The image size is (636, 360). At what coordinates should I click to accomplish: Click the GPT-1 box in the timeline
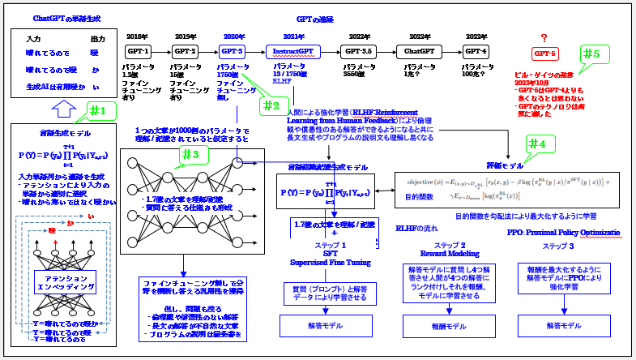pyautogui.click(x=139, y=51)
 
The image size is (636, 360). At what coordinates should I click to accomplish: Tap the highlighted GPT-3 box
pyautogui.click(x=233, y=51)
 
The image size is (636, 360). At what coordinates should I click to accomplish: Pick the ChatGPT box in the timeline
pyautogui.click(x=420, y=51)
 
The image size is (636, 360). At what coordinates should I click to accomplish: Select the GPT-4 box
pyautogui.click(x=476, y=51)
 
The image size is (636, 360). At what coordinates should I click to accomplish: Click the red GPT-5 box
pyautogui.click(x=545, y=54)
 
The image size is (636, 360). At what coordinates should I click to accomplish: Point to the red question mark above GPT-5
pyautogui.click(x=544, y=37)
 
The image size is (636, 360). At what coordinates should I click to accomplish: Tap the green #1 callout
pyautogui.click(x=96, y=109)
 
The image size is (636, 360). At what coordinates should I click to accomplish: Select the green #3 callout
pyautogui.click(x=189, y=154)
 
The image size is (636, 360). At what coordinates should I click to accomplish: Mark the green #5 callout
pyautogui.click(x=592, y=55)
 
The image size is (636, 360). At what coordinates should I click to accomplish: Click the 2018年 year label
pyautogui.click(x=138, y=36)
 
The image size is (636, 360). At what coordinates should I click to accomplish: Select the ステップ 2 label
pyautogui.click(x=450, y=244)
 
